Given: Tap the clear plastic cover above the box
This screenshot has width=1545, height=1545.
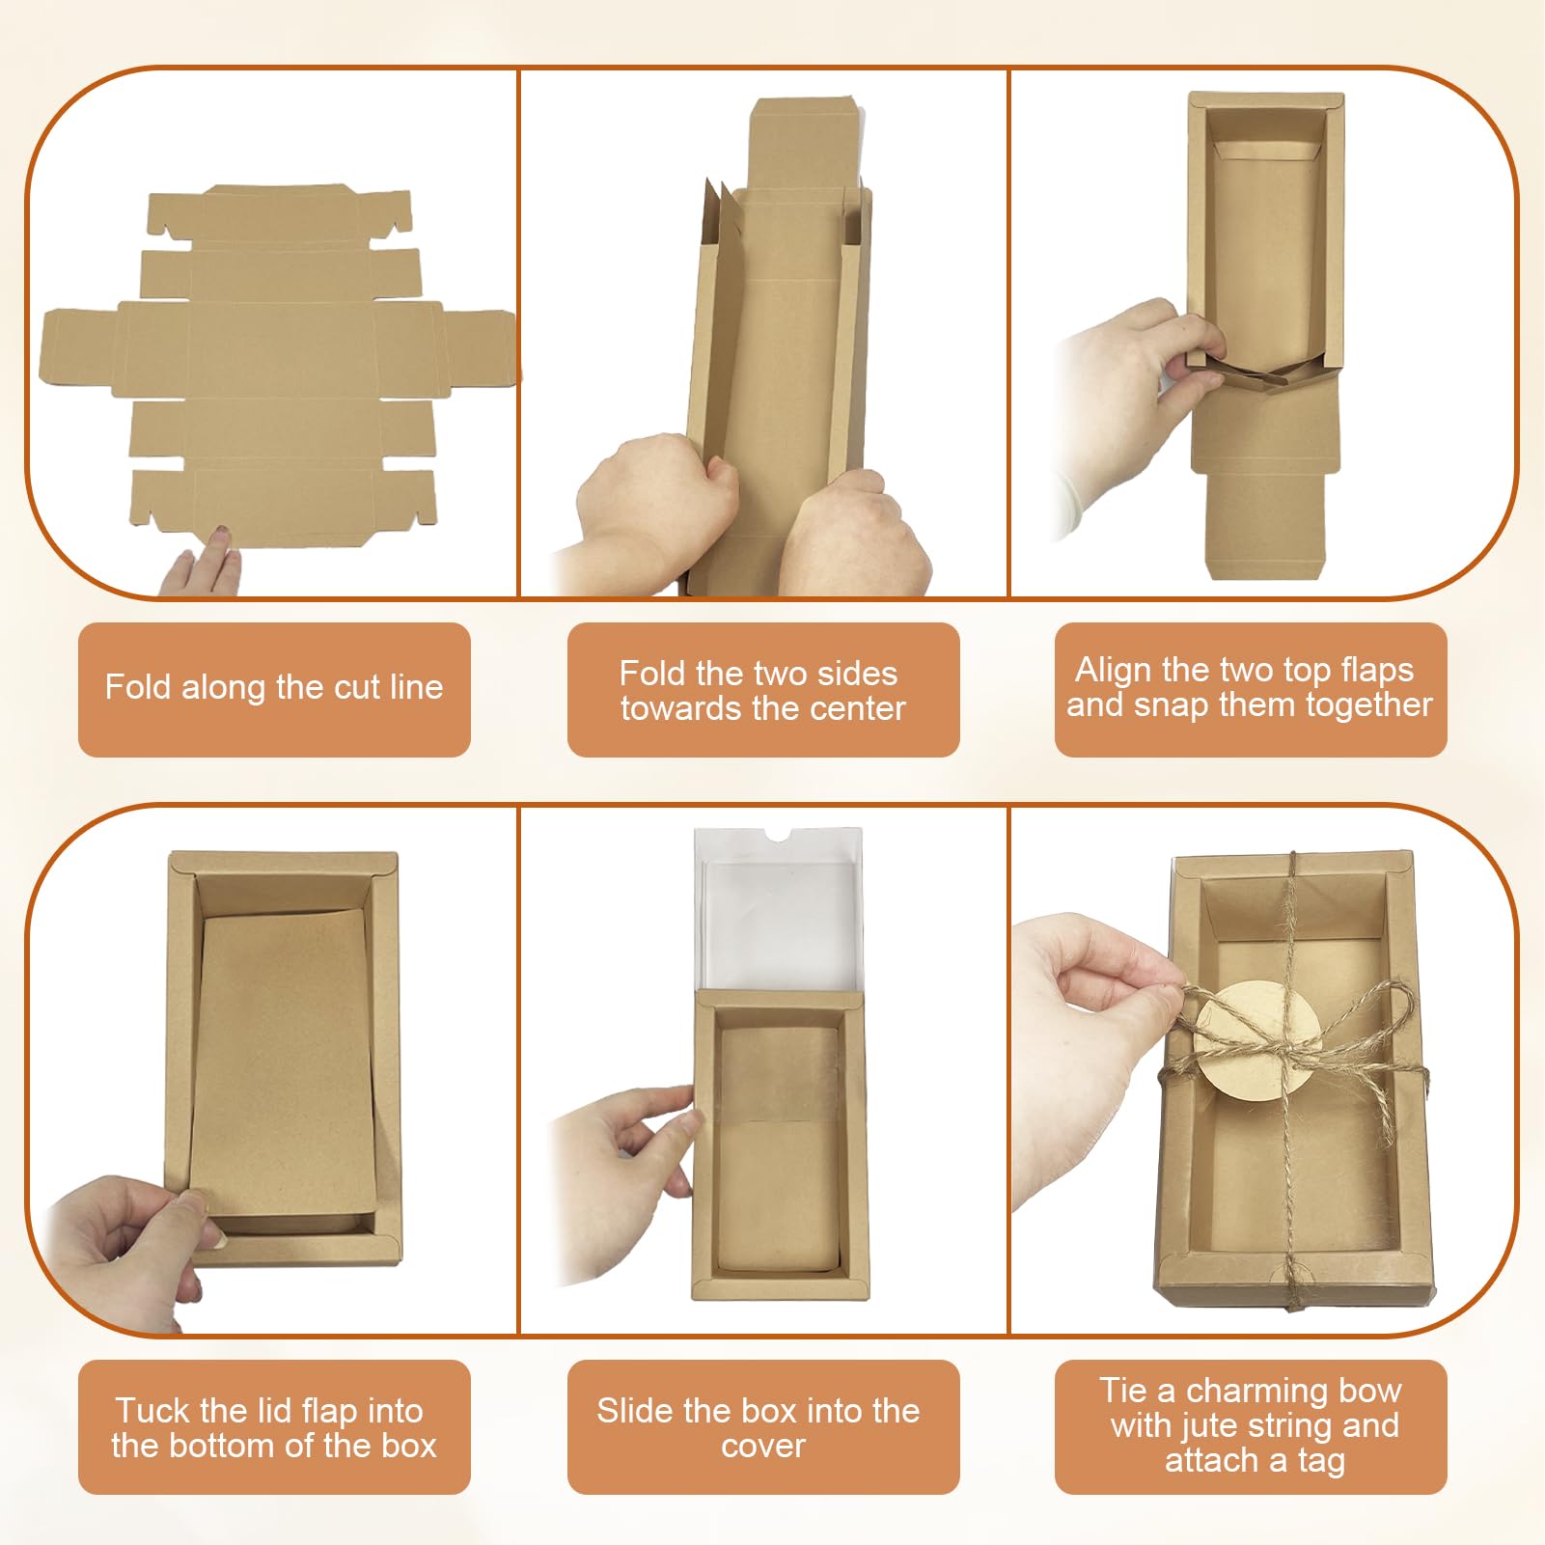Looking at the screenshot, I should pyautogui.click(x=777, y=912).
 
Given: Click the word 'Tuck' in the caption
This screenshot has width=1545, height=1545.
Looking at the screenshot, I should pyautogui.click(x=152, y=1411).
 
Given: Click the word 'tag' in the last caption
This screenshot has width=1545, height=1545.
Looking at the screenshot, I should pyautogui.click(x=1321, y=1461).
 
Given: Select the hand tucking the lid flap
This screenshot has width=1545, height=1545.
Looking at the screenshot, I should pyautogui.click(x=135, y=1235).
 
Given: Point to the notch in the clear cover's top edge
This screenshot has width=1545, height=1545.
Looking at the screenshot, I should pyautogui.click(x=778, y=833).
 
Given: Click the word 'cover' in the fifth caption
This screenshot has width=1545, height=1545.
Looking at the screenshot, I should pyautogui.click(x=762, y=1446).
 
